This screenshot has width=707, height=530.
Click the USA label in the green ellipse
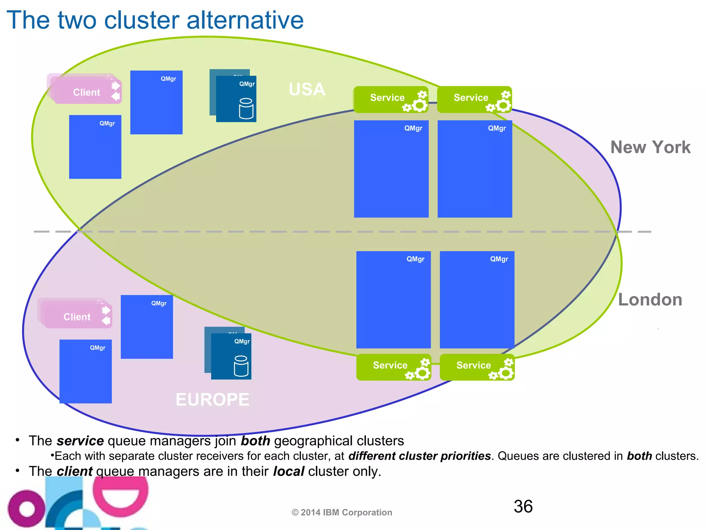[307, 89]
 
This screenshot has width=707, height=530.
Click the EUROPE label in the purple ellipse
[212, 400]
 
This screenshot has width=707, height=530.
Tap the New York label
[650, 147]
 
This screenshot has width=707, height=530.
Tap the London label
[650, 300]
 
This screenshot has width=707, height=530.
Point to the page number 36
[523, 507]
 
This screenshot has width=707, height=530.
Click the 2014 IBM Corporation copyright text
[342, 512]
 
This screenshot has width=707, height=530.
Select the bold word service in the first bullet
[80, 441]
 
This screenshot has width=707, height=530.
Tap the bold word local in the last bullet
[289, 471]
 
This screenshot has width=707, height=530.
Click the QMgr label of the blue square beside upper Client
[168, 79]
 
